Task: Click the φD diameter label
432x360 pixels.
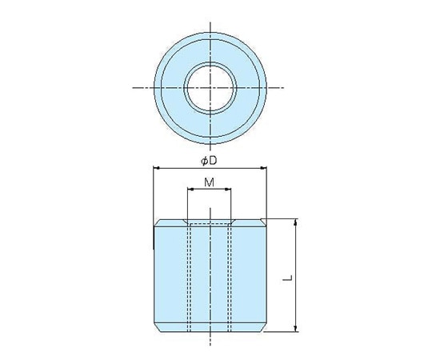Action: click(x=210, y=160)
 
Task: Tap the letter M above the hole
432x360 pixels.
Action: click(x=210, y=182)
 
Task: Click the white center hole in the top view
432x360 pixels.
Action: click(x=210, y=86)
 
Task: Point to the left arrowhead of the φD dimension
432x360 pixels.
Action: click(x=154, y=168)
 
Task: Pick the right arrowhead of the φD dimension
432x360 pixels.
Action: click(x=263, y=168)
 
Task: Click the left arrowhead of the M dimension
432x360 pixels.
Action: click(x=190, y=190)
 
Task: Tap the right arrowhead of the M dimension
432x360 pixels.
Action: click(x=229, y=190)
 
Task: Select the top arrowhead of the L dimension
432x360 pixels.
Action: click(x=297, y=222)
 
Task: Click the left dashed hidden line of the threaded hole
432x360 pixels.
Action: click(x=190, y=276)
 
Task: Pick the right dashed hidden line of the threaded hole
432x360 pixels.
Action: click(x=229, y=276)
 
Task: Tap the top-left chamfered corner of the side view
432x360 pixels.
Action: click(x=155, y=222)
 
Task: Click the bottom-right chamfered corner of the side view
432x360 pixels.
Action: click(x=263, y=327)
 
